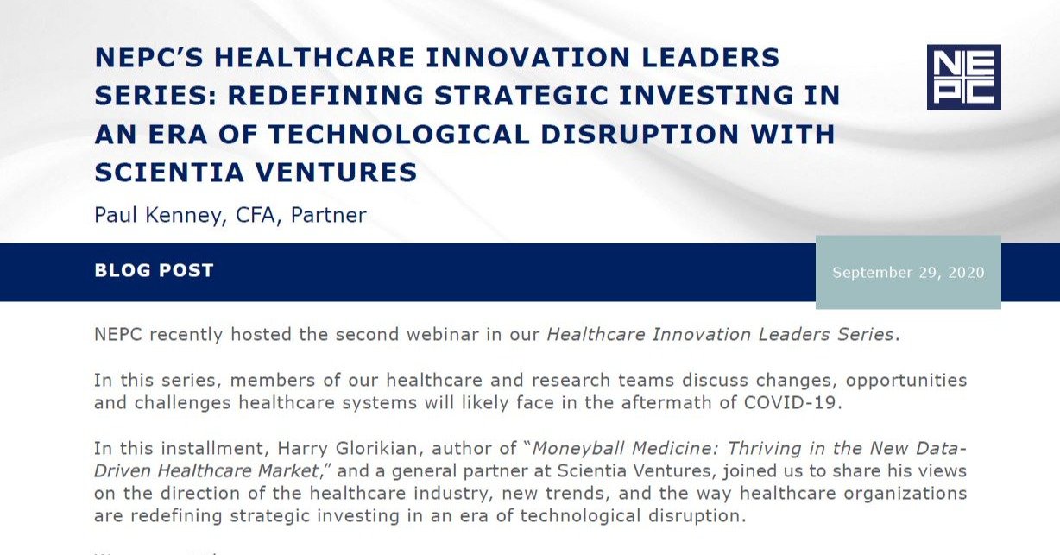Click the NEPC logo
point(963,77)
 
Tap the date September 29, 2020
point(908,273)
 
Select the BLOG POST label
point(154,270)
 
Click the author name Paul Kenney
point(159,214)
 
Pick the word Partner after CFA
point(328,214)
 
